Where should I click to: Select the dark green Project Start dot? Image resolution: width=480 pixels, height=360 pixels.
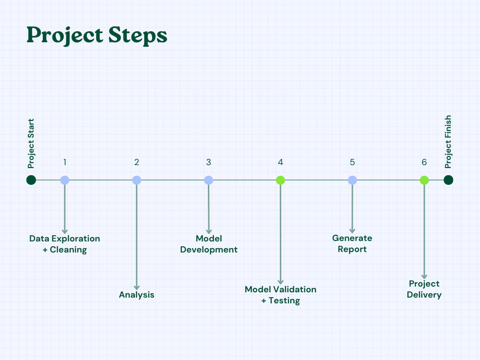click(31, 180)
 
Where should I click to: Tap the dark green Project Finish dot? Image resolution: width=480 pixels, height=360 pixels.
click(448, 180)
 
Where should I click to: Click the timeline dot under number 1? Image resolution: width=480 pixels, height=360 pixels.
click(65, 180)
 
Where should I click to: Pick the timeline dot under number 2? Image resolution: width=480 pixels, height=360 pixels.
click(137, 180)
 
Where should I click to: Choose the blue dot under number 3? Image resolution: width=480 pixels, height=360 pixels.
click(208, 180)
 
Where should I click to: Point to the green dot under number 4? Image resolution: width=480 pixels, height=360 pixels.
click(280, 180)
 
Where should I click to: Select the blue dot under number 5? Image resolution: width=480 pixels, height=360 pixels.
click(352, 180)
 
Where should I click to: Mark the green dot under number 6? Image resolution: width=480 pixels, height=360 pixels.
click(424, 180)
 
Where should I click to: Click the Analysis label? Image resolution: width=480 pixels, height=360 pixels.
click(137, 295)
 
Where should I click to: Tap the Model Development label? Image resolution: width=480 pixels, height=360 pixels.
click(209, 244)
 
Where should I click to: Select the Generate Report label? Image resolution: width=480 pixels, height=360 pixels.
click(352, 243)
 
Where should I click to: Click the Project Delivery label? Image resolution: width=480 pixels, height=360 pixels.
click(424, 289)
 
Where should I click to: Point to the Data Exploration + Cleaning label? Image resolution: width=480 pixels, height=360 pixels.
click(65, 244)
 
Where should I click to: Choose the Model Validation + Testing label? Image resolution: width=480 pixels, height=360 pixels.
click(281, 295)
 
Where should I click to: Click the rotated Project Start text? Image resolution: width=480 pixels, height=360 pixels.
click(31, 144)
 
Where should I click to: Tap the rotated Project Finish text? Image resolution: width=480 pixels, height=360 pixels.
click(448, 142)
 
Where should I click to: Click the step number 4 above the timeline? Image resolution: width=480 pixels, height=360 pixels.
click(280, 162)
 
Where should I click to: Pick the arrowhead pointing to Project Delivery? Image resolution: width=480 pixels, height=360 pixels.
click(424, 276)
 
